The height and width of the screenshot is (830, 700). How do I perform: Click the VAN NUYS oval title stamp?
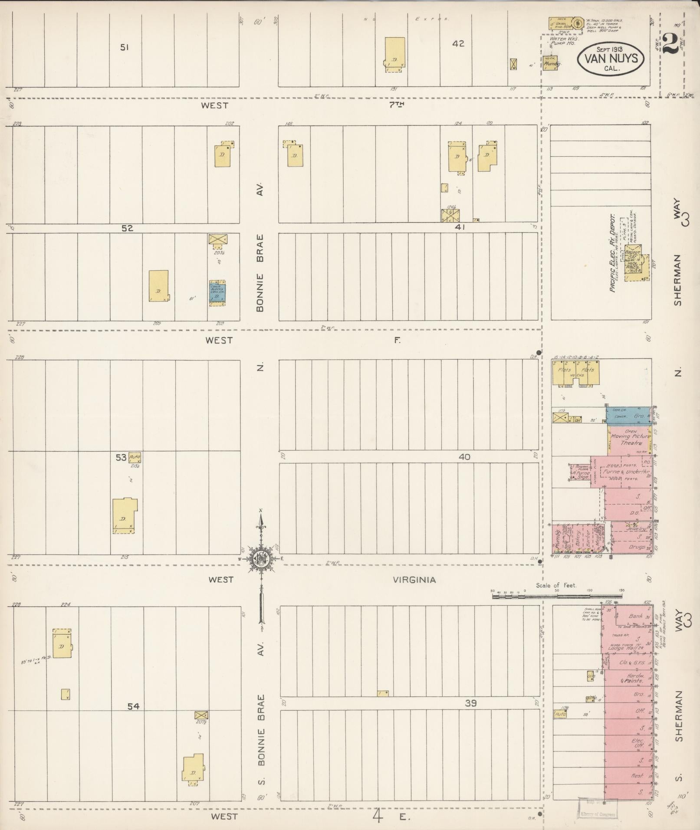click(x=611, y=58)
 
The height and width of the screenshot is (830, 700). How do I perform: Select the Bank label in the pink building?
click(x=635, y=616)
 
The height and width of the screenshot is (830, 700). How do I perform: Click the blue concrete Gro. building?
click(x=628, y=416)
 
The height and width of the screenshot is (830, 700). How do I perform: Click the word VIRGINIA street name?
click(x=414, y=580)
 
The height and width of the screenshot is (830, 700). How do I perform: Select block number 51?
click(x=125, y=47)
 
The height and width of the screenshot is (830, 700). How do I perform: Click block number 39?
click(x=471, y=703)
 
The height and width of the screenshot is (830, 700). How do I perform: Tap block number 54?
click(x=133, y=706)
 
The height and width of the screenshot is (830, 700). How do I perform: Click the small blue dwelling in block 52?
click(x=217, y=293)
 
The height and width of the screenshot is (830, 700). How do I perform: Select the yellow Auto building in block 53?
click(x=135, y=457)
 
